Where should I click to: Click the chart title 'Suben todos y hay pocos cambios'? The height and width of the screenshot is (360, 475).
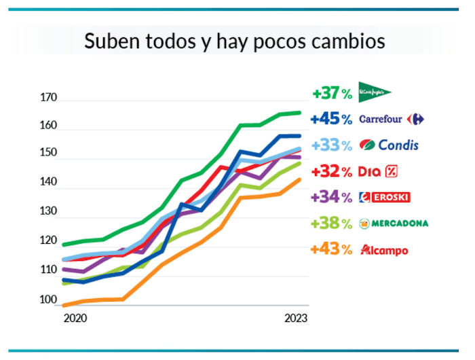click(x=234, y=41)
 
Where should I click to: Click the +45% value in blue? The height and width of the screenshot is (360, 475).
click(x=331, y=120)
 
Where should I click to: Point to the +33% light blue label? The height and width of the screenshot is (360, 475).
click(x=331, y=145)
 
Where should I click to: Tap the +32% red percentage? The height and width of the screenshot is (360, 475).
click(x=331, y=171)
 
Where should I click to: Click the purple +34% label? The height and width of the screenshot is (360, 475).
click(x=331, y=198)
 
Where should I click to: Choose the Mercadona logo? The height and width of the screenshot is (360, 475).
click(x=393, y=223)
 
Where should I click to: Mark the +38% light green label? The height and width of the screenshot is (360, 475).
click(x=331, y=223)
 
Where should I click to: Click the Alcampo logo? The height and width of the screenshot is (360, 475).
click(x=385, y=250)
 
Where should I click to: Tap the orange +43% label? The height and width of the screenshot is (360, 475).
click(x=331, y=250)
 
